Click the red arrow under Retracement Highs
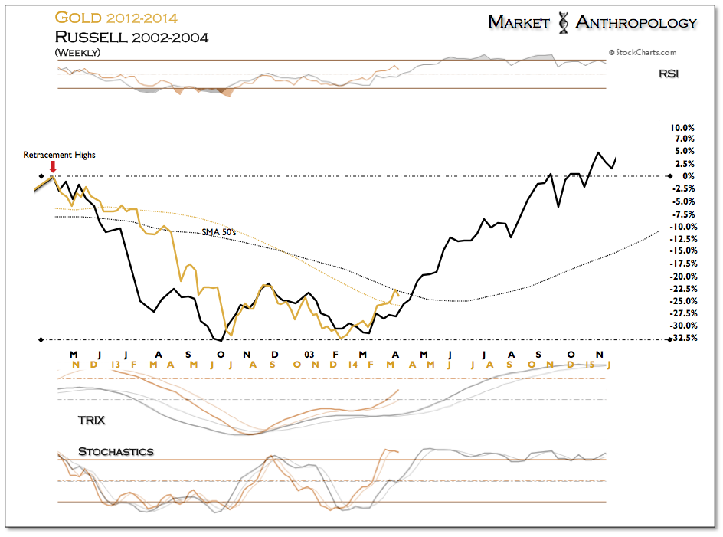53,166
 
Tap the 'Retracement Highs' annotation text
60,155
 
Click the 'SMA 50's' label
219,232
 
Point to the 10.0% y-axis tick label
682,128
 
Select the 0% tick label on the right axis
689,176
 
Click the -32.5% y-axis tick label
684,338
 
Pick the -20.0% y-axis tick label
683,277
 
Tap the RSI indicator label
669,74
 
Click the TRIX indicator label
91,421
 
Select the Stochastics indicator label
116,452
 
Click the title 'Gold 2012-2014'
116,18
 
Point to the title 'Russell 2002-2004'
132,37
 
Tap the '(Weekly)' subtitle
77,53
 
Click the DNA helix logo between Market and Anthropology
563,23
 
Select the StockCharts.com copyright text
643,53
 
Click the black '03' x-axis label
309,355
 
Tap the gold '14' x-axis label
353,365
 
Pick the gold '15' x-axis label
590,365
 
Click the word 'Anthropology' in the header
636,22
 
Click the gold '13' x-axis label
116,365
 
